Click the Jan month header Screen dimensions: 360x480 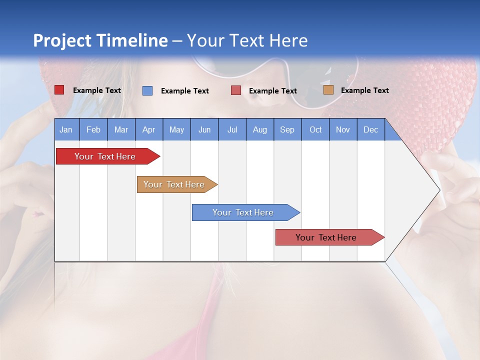[x=66, y=130]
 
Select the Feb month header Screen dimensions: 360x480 [x=93, y=130]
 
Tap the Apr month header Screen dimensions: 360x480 [x=149, y=130]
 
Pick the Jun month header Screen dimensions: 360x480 [x=204, y=130]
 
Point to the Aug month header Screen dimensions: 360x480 [x=260, y=130]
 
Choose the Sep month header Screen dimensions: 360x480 [x=287, y=130]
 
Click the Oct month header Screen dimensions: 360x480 [x=315, y=130]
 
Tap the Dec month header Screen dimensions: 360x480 [x=371, y=130]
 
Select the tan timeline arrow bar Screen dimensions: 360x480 [x=175, y=184]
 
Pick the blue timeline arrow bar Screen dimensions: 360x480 [x=244, y=212]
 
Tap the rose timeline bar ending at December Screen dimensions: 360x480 [x=327, y=237]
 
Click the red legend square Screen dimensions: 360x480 [x=59, y=90]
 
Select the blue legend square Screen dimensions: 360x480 [x=147, y=90]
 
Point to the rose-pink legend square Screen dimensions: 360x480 [x=236, y=90]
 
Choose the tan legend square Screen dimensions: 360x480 [x=328, y=90]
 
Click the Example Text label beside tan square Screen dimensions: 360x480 [x=364, y=90]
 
